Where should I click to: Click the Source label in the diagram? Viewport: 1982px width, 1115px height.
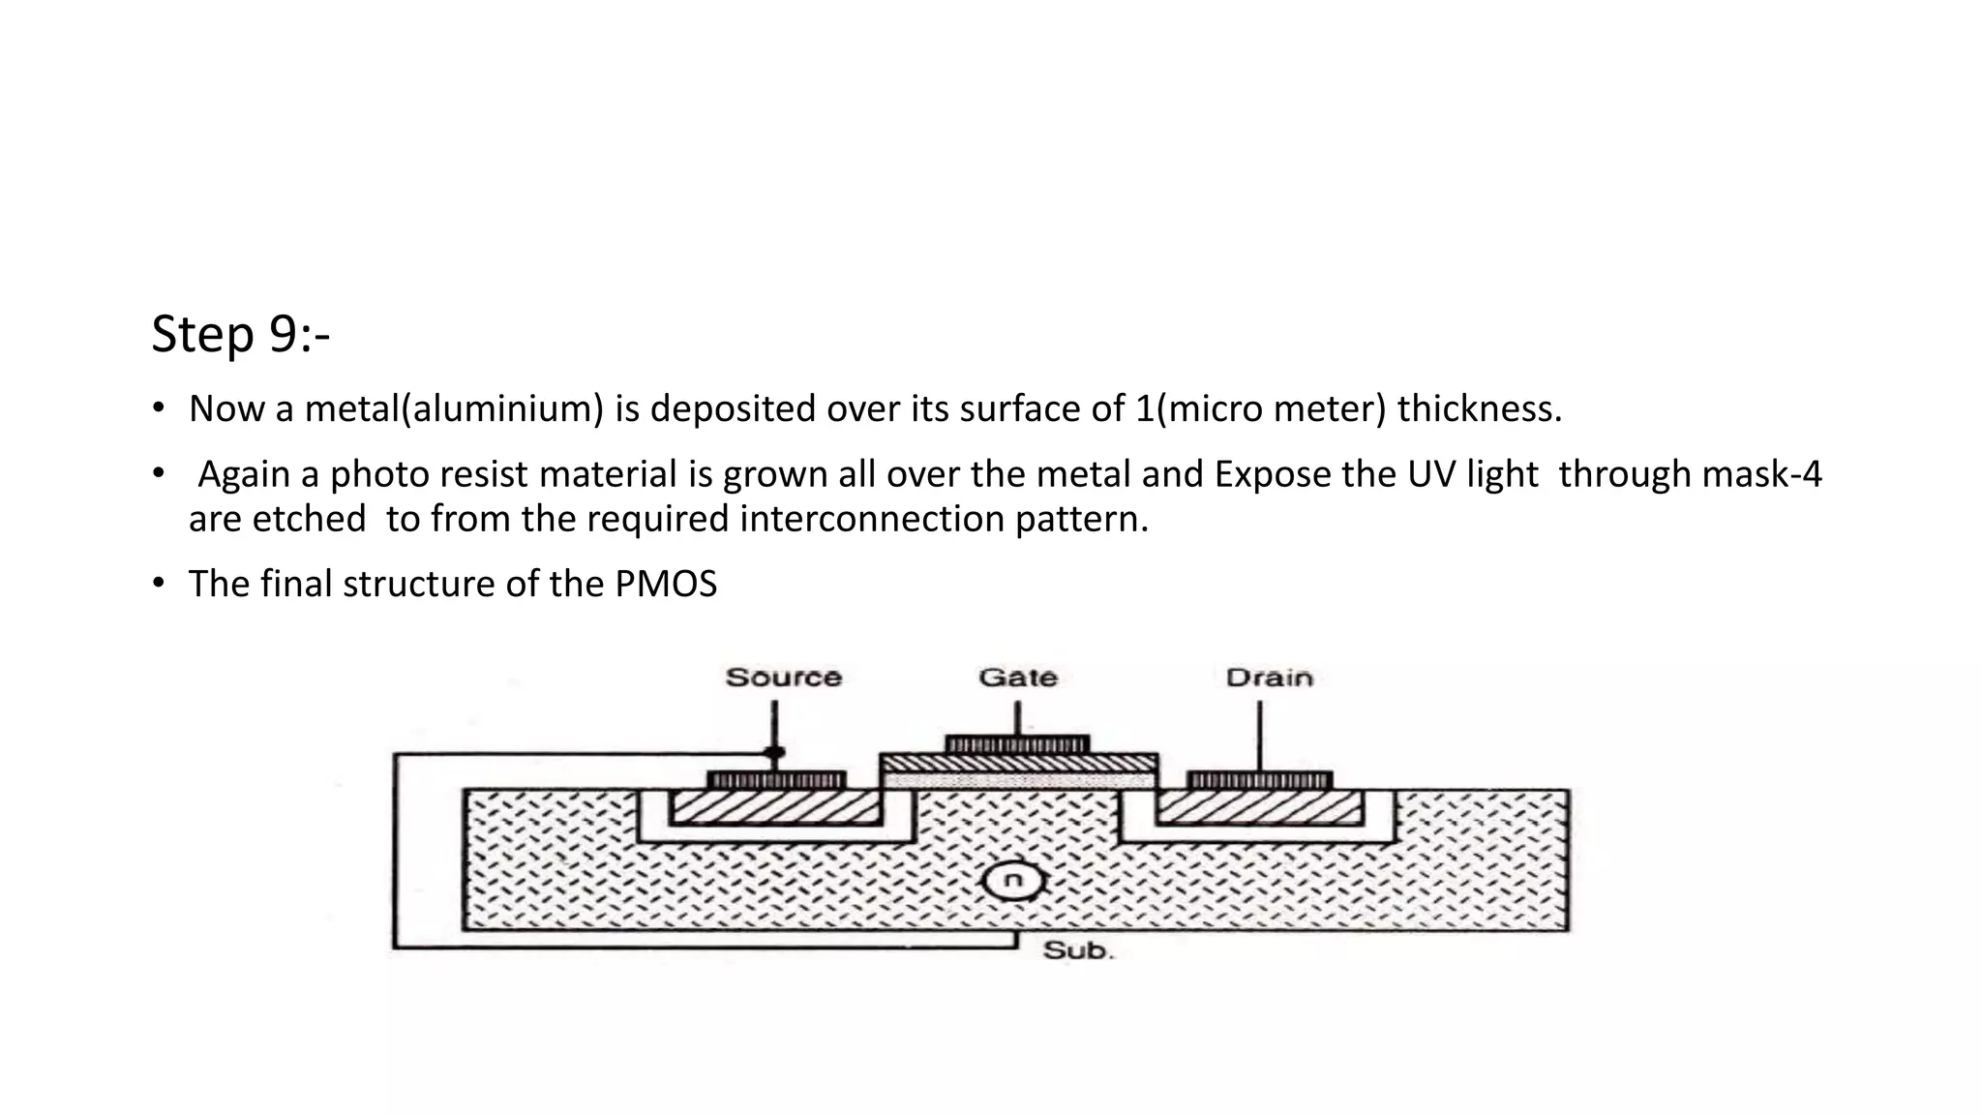(783, 678)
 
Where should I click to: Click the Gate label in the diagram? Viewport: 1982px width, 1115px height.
(1018, 678)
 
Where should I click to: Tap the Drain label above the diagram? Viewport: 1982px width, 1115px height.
(1269, 678)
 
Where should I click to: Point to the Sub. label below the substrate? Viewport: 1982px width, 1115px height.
(1078, 950)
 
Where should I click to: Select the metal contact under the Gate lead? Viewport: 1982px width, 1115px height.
(1017, 745)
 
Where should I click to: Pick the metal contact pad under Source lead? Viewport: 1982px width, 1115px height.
(776, 780)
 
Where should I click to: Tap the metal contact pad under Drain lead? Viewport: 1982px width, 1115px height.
(1259, 780)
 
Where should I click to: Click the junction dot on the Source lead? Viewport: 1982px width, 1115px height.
(774, 752)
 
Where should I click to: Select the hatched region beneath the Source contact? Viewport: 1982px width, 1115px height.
(774, 806)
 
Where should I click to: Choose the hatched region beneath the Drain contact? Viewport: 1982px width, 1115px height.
(1258, 806)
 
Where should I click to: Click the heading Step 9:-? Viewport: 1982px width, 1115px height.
(241, 334)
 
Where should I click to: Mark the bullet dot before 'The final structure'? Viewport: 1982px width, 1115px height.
(159, 584)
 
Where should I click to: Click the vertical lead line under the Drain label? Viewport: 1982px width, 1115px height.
(1259, 736)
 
